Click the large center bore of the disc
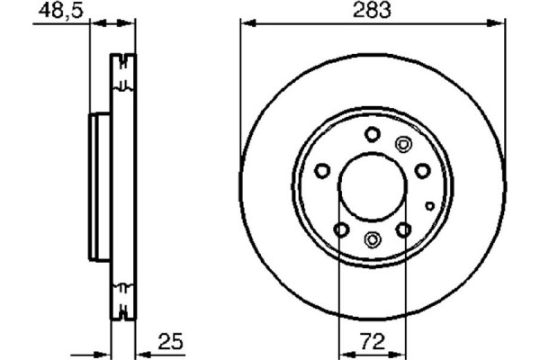[x=372, y=186]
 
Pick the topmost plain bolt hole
[x=372, y=134]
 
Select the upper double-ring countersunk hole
[x=402, y=143]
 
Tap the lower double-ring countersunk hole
[x=373, y=238]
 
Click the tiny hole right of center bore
[x=430, y=206]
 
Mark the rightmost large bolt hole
[x=421, y=171]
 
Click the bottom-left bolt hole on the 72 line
[x=339, y=229]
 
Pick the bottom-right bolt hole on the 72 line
[x=404, y=229]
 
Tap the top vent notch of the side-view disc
[x=121, y=70]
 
